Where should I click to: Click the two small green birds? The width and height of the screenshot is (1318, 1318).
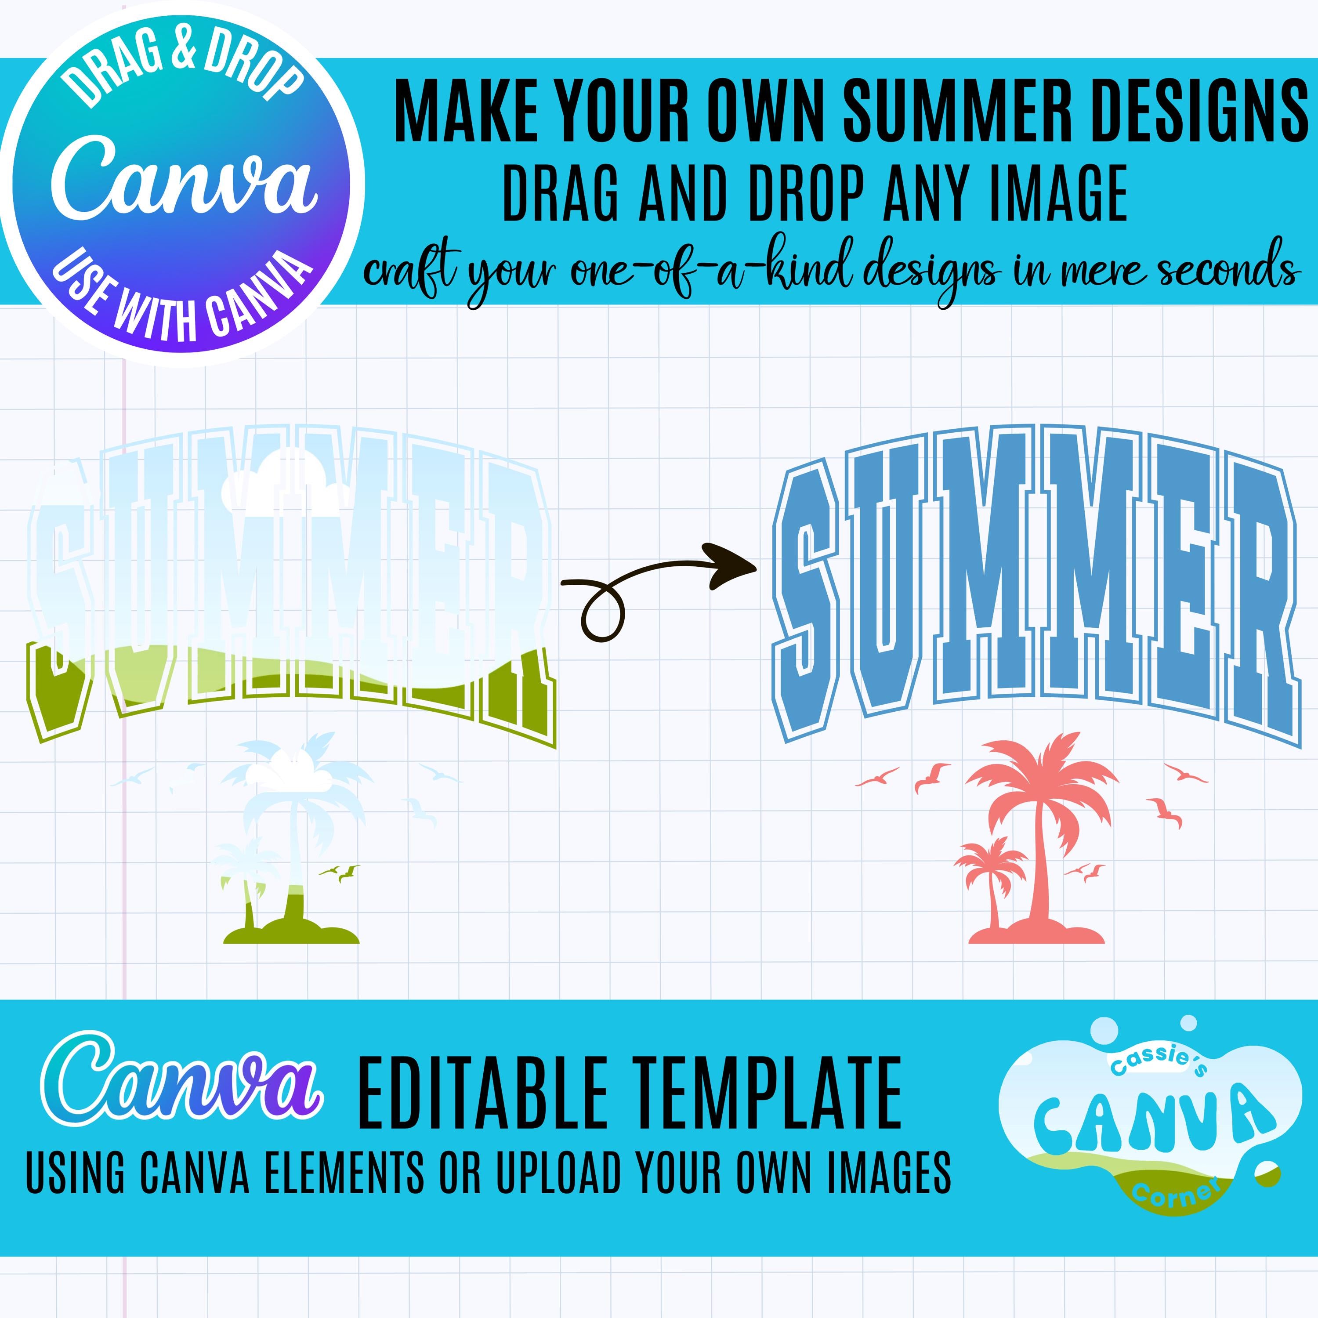pos(339,872)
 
